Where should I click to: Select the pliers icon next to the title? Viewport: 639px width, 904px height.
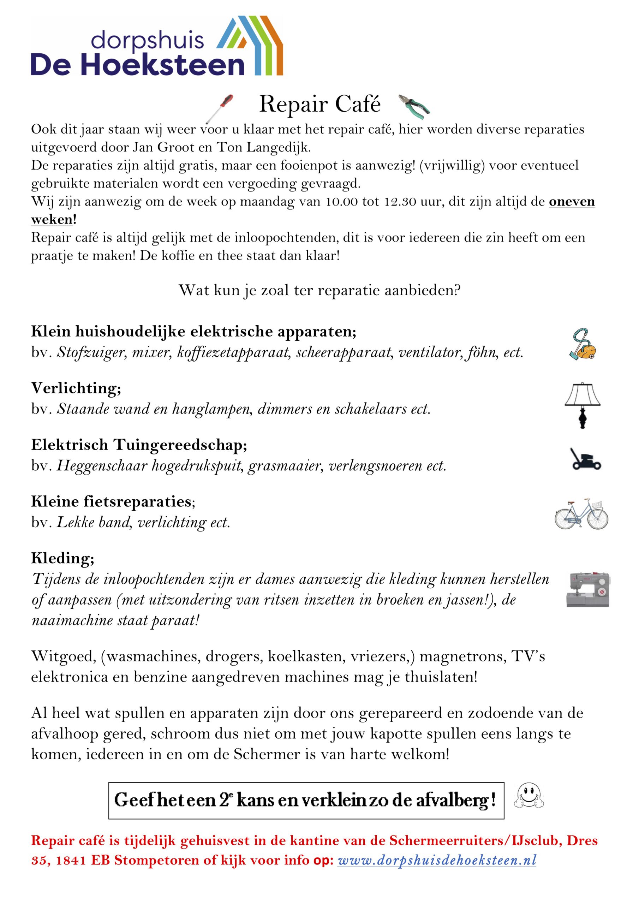414,106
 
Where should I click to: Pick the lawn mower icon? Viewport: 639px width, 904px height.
586,459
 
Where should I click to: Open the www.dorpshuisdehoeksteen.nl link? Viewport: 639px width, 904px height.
437,860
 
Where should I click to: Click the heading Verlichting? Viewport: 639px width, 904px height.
76,388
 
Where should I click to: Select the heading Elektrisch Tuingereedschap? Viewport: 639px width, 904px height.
139,445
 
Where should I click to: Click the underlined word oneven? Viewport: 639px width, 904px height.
572,202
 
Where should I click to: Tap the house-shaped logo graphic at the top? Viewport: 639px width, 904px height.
250,45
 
